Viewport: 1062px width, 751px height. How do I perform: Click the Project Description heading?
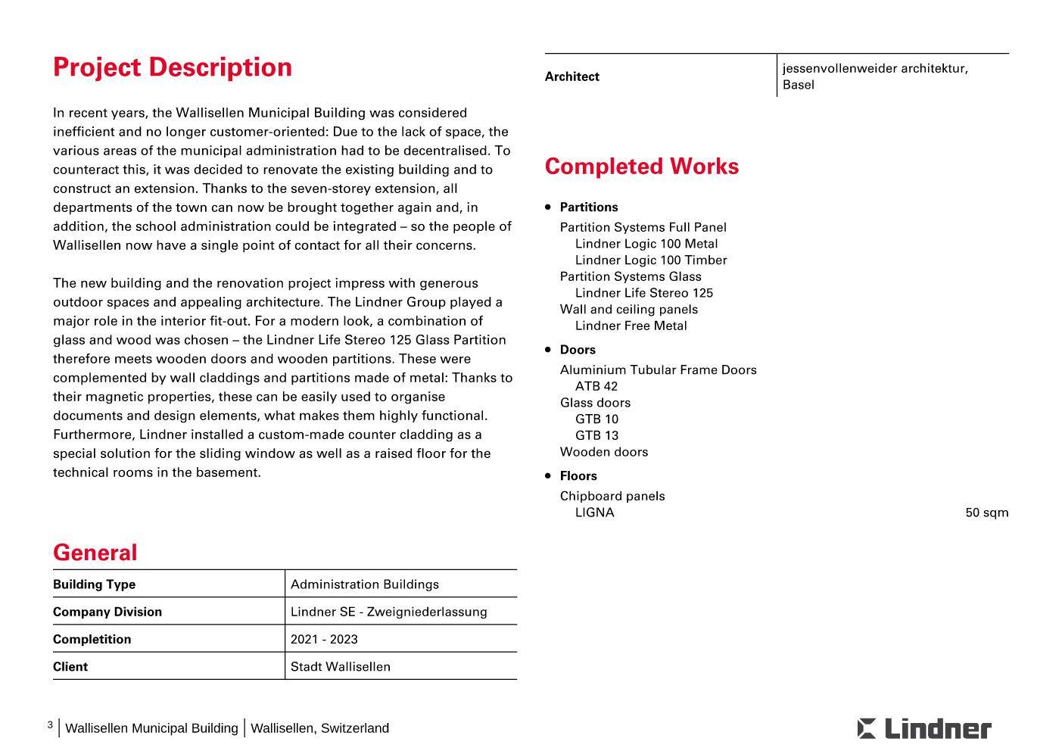coord(173,67)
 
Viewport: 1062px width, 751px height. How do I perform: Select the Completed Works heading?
coord(641,167)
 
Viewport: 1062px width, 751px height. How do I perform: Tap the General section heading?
coord(95,553)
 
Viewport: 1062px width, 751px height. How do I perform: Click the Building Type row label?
coord(94,584)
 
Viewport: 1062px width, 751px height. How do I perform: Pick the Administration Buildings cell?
coord(364,584)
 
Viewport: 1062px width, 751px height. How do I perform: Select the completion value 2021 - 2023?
coord(324,639)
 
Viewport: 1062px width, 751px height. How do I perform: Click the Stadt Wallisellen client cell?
coord(340,667)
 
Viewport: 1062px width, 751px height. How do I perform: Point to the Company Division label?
coord(107,612)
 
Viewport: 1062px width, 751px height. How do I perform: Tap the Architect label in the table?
coord(571,76)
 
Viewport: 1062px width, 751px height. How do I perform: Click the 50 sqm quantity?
coord(986,513)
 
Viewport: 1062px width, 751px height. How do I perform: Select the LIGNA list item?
coord(594,513)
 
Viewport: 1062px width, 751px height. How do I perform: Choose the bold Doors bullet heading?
coord(578,350)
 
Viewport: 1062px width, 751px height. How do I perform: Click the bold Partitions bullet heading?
coord(589,207)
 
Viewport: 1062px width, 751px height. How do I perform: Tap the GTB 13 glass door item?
coord(596,435)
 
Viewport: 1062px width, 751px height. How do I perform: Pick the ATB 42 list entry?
coord(596,386)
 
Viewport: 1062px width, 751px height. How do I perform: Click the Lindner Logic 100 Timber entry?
coord(650,260)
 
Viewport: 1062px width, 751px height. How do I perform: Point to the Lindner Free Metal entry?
coord(631,326)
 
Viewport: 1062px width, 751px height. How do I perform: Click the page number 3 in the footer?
coord(50,725)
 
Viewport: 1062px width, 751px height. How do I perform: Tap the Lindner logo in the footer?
coord(923,728)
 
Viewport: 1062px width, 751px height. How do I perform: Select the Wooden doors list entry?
coord(603,452)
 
